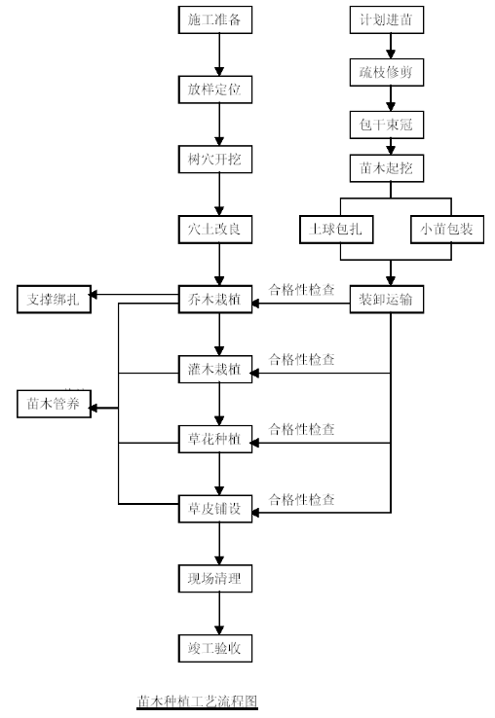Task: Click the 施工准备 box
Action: (x=215, y=19)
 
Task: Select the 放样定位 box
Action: (x=215, y=90)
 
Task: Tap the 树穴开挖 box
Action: (x=215, y=160)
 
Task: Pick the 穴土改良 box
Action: (x=215, y=229)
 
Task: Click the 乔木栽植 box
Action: (x=215, y=300)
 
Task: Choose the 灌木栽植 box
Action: (x=215, y=369)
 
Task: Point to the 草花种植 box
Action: (x=215, y=439)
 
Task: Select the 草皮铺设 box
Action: (x=215, y=509)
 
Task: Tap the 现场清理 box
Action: (x=215, y=578)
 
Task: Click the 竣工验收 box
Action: (x=215, y=648)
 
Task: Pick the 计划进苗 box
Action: (x=387, y=19)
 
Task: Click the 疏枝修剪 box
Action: (x=387, y=72)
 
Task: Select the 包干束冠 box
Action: (x=387, y=125)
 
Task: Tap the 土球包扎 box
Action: (x=336, y=229)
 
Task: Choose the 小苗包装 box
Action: (x=447, y=229)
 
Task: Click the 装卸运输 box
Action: (x=387, y=300)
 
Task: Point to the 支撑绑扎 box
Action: (x=55, y=300)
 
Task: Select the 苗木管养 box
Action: (x=55, y=404)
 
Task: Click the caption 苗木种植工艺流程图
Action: (x=197, y=701)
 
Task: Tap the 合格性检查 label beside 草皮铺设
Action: (x=301, y=499)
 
